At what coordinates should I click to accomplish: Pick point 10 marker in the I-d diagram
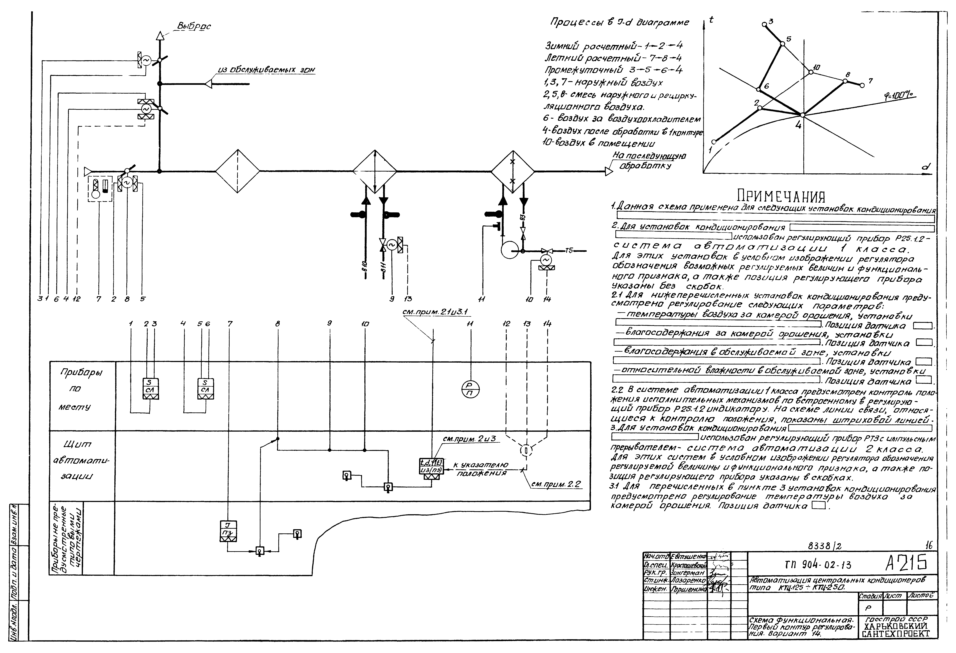tap(811, 72)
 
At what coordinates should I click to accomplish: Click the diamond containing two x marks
tap(513, 171)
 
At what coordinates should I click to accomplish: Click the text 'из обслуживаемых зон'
tap(266, 70)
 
